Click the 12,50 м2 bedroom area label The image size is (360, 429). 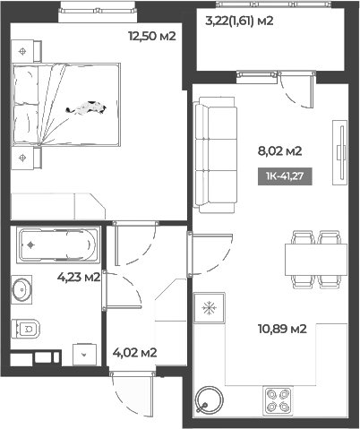click(151, 37)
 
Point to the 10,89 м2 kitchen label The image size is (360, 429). click(283, 329)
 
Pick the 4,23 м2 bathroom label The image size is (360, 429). click(78, 277)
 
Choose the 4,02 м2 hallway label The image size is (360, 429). click(133, 352)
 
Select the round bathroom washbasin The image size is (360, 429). click(24, 288)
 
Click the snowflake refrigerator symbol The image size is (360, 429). click(210, 309)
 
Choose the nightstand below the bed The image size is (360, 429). click(23, 159)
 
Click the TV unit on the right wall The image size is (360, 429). click(339, 153)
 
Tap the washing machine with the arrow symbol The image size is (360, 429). click(84, 353)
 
